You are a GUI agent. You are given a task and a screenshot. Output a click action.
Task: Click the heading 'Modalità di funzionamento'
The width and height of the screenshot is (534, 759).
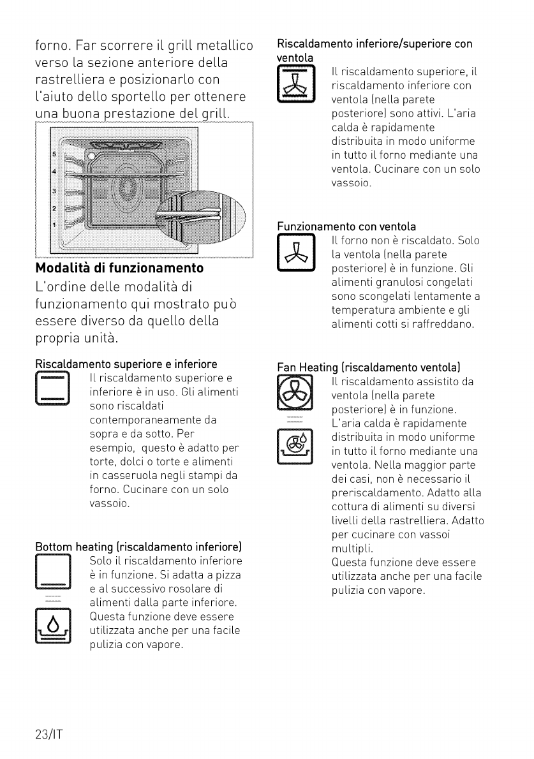(119, 268)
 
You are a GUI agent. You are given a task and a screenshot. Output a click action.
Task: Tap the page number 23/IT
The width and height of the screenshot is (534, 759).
(49, 734)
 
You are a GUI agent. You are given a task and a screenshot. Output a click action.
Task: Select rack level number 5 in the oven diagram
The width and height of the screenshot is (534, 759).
(54, 154)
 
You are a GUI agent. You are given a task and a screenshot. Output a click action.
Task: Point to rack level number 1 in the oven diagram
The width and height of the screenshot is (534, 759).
(54, 225)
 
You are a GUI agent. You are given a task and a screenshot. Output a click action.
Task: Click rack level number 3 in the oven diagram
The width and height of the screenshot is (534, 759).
(54, 191)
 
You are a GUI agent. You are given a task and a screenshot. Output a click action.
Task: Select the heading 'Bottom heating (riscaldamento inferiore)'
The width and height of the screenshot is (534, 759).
(138, 547)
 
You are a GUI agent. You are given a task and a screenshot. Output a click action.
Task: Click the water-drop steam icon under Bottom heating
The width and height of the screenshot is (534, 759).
(53, 626)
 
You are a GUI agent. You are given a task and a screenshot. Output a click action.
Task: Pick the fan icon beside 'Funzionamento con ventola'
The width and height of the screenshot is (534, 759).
(296, 252)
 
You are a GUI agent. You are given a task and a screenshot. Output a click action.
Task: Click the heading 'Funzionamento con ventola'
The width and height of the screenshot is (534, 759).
(346, 226)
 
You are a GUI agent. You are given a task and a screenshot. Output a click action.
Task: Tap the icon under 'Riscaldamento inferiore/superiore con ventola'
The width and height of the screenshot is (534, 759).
(296, 84)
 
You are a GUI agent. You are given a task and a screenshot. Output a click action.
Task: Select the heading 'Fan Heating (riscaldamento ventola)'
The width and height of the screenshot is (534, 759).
(368, 367)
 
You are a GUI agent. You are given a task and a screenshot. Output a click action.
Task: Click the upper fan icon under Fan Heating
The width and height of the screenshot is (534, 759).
(295, 392)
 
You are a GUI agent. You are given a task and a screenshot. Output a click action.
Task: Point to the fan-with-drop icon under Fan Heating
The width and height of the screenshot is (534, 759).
(295, 446)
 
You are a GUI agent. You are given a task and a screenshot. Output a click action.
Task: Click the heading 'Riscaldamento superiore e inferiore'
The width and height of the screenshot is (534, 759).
(126, 364)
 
